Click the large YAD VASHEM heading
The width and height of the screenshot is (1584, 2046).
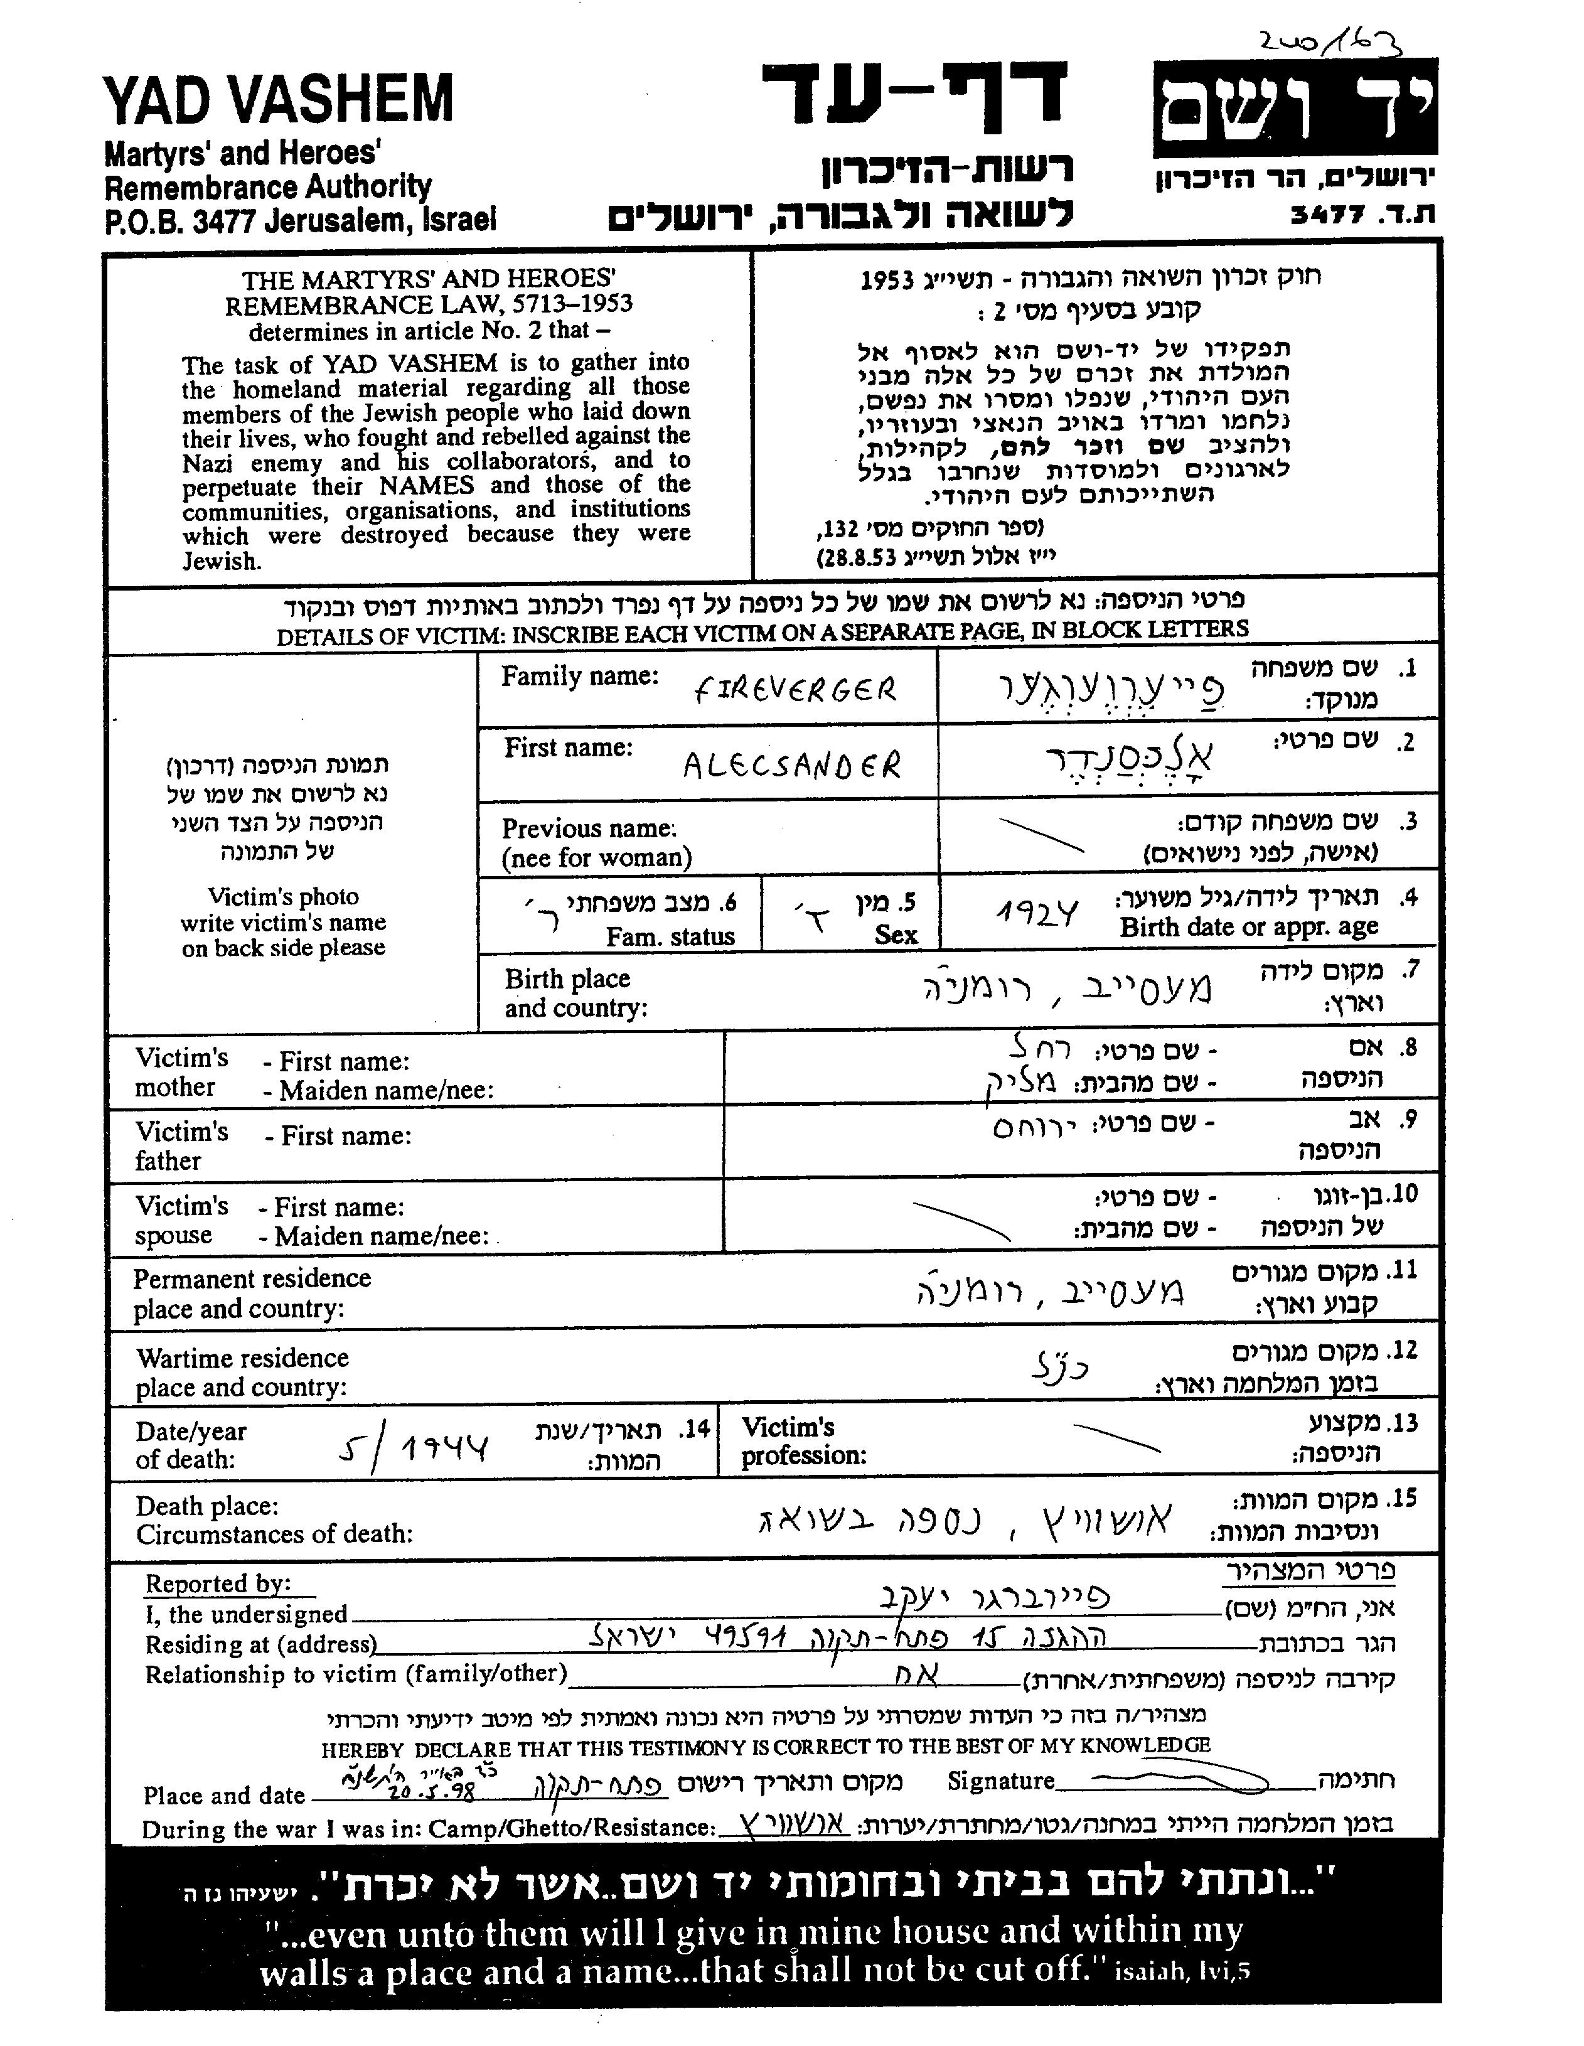click(278, 100)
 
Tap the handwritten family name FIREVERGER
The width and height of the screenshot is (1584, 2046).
click(795, 690)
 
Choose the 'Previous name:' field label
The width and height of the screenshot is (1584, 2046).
click(589, 828)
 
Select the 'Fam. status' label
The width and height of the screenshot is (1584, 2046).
click(670, 936)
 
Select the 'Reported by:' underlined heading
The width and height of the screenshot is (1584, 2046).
click(218, 1584)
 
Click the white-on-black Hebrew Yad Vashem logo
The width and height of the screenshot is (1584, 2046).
click(1295, 109)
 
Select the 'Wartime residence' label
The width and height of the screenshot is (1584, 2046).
click(243, 1358)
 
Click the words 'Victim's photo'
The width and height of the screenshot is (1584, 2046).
click(283, 896)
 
